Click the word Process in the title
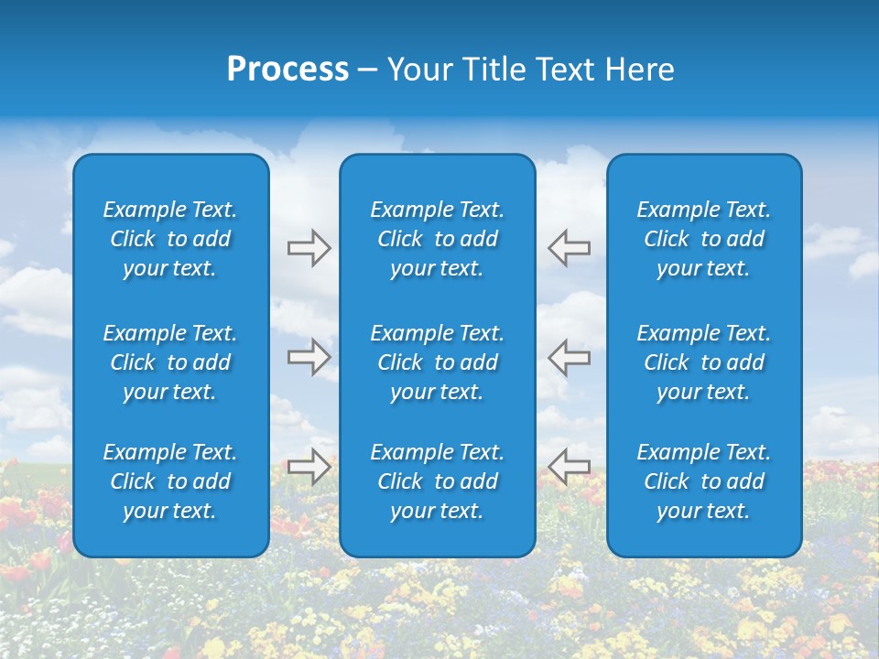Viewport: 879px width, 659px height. [288, 70]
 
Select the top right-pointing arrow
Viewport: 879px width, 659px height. [309, 248]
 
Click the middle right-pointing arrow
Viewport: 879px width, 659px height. [309, 358]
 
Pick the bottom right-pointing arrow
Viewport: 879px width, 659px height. [309, 467]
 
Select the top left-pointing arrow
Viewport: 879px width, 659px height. [570, 248]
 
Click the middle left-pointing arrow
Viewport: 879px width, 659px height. [570, 358]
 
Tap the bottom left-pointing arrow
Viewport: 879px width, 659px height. [570, 467]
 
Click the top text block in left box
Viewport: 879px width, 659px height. [170, 239]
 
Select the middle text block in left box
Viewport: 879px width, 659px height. [170, 362]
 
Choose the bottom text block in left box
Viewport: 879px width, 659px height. [170, 481]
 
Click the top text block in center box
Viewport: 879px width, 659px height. [437, 239]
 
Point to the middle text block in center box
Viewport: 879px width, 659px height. [437, 362]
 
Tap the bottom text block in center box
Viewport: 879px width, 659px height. [437, 481]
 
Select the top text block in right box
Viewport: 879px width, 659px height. [703, 239]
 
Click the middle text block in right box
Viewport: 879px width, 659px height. [703, 362]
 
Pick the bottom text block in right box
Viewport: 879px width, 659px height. [703, 481]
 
